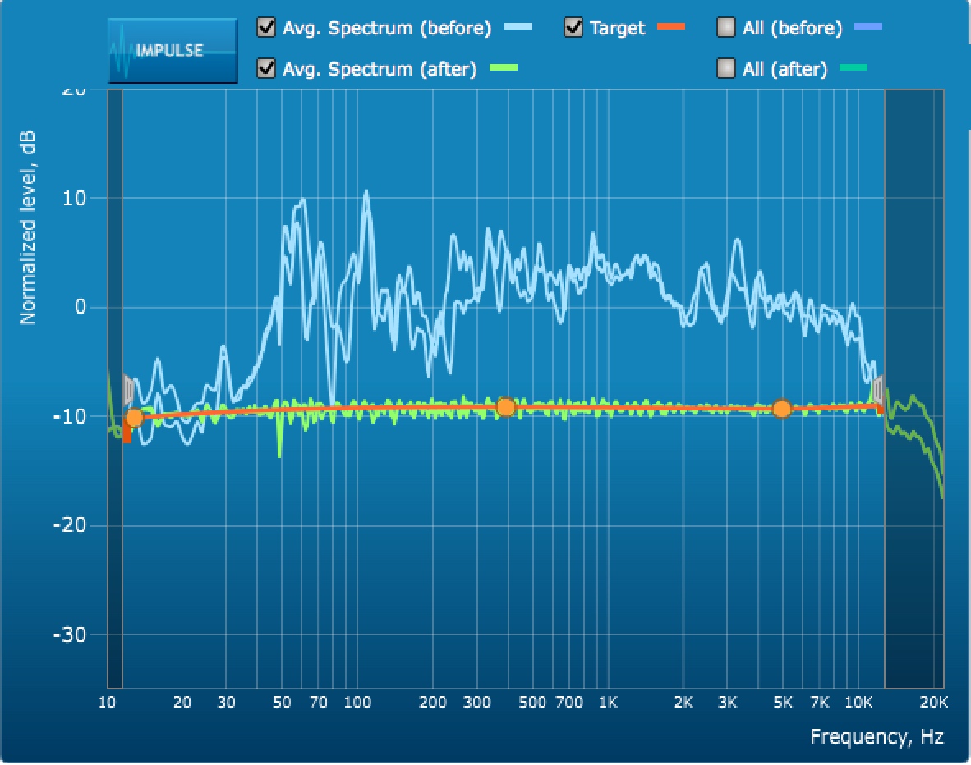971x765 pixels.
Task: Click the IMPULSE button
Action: (x=173, y=50)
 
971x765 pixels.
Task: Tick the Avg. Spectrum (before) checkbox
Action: (x=266, y=28)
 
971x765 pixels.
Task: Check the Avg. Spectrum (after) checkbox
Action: (x=266, y=68)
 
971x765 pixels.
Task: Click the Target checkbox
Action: (x=573, y=28)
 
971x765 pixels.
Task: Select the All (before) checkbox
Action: (x=726, y=28)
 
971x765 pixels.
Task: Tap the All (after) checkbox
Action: (x=726, y=68)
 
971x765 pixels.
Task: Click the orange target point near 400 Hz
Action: (x=506, y=407)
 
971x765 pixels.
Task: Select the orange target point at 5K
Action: (x=782, y=409)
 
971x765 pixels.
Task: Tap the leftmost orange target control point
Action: (x=134, y=419)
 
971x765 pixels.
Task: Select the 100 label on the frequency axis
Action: (x=357, y=703)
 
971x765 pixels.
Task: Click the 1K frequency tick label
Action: (x=608, y=703)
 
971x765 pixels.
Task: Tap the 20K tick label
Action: (x=933, y=703)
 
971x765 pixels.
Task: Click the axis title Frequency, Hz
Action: (x=877, y=736)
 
